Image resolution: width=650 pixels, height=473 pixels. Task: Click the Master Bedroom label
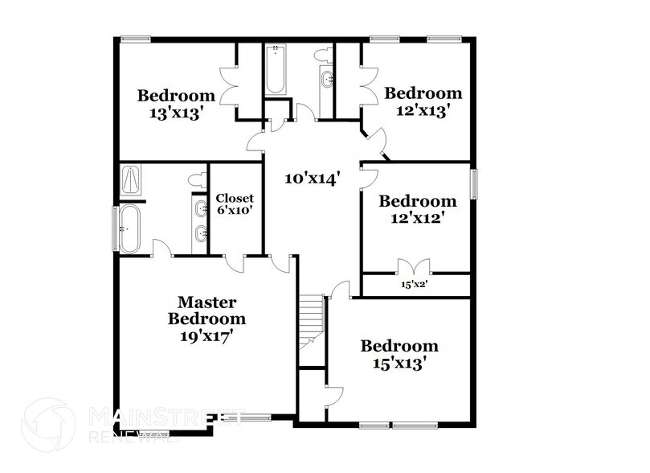tap(206, 310)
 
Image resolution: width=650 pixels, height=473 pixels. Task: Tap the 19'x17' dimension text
tap(206, 336)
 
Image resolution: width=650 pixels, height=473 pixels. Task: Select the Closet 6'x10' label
tap(235, 204)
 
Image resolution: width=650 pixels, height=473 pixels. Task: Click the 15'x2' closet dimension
tap(415, 284)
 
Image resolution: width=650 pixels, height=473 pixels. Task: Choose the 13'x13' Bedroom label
tap(176, 105)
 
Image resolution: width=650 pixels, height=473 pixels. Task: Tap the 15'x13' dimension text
tap(399, 364)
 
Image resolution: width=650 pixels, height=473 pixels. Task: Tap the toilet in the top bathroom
tap(323, 54)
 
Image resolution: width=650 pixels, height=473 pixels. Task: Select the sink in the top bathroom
tap(328, 80)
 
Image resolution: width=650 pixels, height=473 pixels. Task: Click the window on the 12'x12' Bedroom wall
tap(474, 184)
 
